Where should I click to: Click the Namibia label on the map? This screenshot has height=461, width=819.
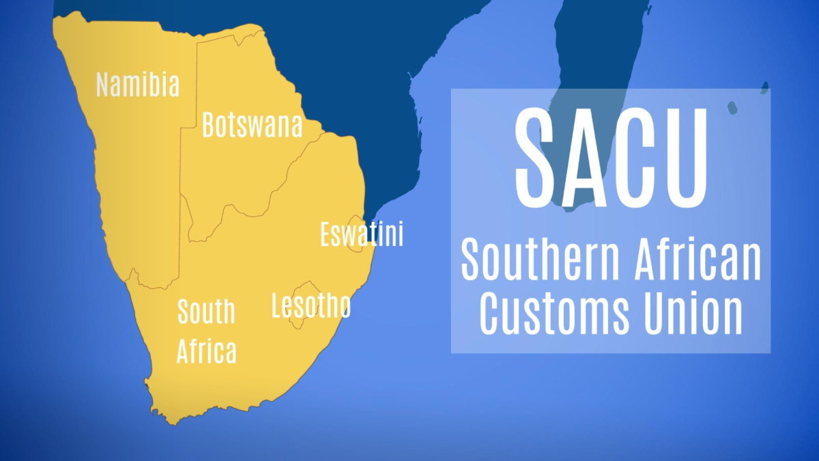tap(138, 85)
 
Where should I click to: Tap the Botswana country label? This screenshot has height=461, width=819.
tap(252, 126)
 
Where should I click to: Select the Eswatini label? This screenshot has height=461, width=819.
tap(362, 234)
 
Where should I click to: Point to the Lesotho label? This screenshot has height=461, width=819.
tap(311, 306)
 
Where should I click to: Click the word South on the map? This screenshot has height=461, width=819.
tap(206, 311)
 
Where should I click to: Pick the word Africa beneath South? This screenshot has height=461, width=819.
tap(207, 351)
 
